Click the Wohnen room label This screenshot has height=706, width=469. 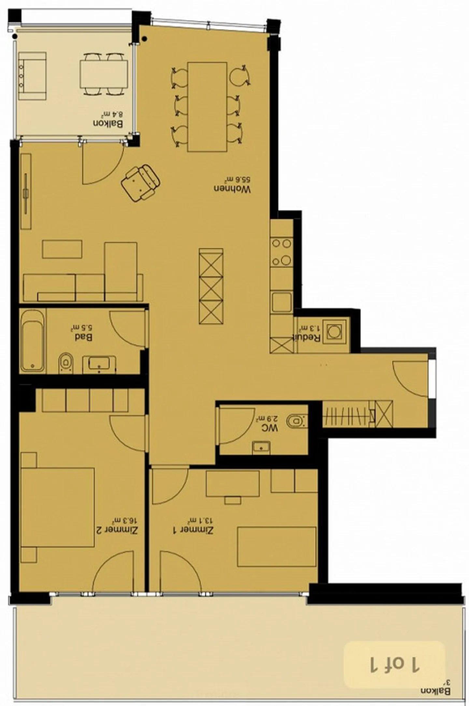tap(232, 189)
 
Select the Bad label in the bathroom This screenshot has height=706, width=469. tap(83, 337)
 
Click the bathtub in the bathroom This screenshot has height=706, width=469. tap(33, 341)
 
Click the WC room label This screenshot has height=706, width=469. tap(269, 428)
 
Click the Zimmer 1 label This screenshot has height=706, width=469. tap(193, 530)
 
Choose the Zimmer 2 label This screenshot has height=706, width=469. tap(116, 530)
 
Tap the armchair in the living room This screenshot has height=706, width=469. tap(140, 183)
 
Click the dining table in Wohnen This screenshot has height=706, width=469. tap(207, 107)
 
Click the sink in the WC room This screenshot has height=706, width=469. tap(261, 447)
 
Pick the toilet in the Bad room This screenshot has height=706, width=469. tap(66, 362)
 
